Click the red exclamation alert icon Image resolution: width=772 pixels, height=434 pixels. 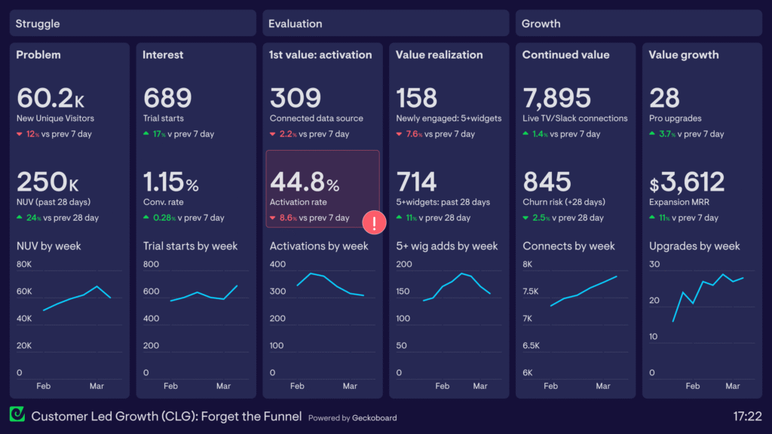375,222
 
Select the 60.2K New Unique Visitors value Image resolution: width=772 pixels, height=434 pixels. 44,98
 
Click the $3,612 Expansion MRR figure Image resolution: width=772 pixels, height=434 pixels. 687,182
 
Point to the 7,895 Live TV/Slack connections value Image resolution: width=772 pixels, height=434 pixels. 556,98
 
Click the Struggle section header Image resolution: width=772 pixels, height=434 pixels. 38,23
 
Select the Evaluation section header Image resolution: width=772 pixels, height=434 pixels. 296,23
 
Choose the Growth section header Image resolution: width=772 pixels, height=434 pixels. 541,23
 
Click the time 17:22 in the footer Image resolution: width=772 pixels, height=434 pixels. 747,416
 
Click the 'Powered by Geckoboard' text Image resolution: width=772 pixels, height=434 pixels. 352,417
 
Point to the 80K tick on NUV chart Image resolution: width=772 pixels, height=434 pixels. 24,264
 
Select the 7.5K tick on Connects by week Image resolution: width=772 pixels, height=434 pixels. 532,292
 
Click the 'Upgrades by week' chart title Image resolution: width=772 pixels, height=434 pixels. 694,246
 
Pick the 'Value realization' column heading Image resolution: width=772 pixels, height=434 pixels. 439,55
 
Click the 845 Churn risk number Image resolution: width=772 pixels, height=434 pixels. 547,182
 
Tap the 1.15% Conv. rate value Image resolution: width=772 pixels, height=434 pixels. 171,182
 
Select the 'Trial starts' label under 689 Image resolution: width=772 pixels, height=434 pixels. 164,118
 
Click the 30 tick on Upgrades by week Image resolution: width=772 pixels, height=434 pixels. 654,264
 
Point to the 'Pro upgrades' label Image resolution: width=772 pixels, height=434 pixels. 675,118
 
